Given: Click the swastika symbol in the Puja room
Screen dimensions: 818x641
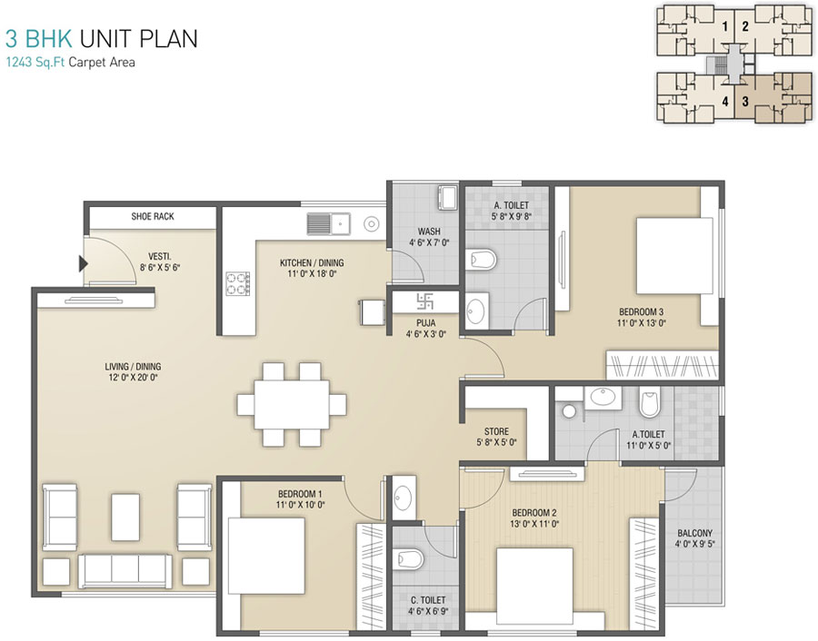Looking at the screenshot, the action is click(x=424, y=301).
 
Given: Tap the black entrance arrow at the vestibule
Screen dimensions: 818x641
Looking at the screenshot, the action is click(x=83, y=263).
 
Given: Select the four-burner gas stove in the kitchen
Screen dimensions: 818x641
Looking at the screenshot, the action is click(x=237, y=283).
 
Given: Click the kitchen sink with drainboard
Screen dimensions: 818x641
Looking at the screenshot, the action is click(x=328, y=223).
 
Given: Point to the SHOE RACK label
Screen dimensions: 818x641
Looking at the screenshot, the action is click(x=153, y=216).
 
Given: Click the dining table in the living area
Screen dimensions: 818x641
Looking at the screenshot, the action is click(x=292, y=404).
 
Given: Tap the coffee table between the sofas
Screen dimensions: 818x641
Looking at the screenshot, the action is click(x=125, y=517).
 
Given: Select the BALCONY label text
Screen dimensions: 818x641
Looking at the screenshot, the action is click(x=694, y=533).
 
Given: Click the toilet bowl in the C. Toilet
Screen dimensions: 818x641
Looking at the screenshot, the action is click(x=410, y=558).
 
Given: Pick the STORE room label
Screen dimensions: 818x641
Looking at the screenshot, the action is click(x=496, y=431).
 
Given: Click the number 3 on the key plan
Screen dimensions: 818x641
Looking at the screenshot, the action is click(x=745, y=101).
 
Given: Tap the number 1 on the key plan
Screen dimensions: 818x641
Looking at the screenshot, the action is click(x=724, y=26).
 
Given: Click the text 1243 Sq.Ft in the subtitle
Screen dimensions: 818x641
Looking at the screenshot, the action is click(x=35, y=63).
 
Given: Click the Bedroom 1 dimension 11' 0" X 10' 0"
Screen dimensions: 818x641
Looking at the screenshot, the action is click(x=301, y=505).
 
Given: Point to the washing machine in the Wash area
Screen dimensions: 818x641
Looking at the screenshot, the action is click(x=447, y=197).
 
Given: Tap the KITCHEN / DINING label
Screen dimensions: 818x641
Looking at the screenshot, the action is click(x=312, y=262).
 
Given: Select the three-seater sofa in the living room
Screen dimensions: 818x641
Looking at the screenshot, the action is click(x=125, y=571).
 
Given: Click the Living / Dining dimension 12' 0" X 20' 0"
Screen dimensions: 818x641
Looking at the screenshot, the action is click(x=133, y=377).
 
